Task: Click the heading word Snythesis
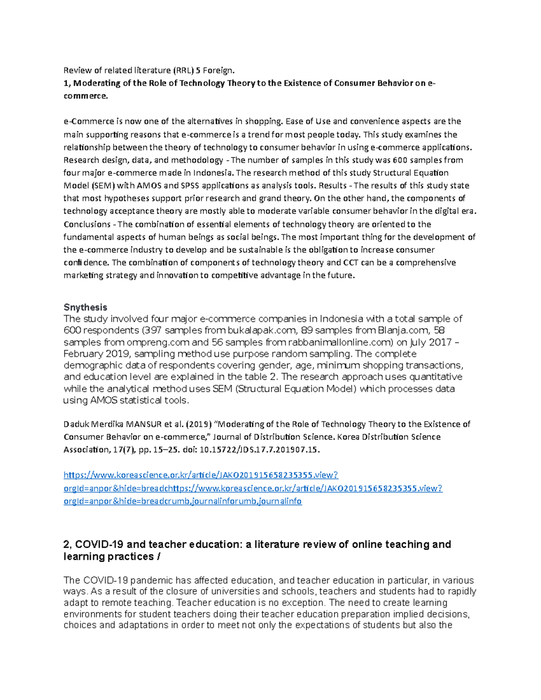tap(85, 307)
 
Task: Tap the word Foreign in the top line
tap(218, 70)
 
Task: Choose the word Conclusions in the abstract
tap(87, 224)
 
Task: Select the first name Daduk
tap(77, 424)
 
